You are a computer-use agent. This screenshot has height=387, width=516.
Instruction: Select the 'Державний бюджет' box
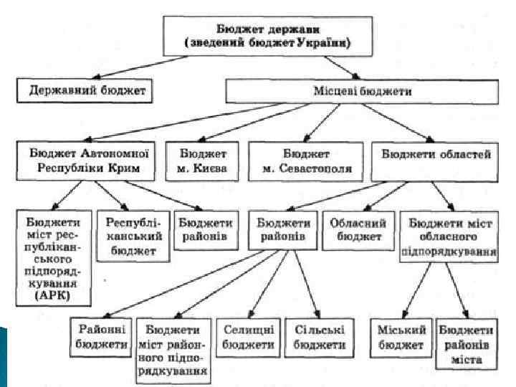pyautogui.click(x=87, y=91)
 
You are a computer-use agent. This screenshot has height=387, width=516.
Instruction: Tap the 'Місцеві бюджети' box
pyautogui.click(x=362, y=92)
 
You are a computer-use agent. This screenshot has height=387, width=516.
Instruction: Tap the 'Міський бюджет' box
pyautogui.click(x=401, y=337)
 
